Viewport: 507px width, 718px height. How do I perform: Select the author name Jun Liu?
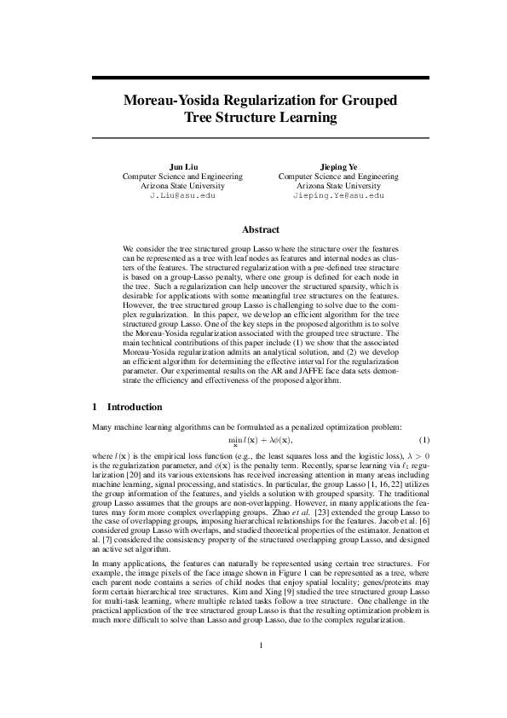(x=182, y=166)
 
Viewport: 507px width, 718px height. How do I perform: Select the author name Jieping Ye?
(x=338, y=166)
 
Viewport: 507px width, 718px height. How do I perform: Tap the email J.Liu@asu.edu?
(x=182, y=195)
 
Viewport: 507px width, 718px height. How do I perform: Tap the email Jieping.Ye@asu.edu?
(x=338, y=195)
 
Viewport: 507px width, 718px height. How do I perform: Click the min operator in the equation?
(x=236, y=439)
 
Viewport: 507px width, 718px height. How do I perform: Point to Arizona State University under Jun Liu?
(x=182, y=185)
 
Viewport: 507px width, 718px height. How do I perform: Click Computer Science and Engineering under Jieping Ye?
(x=338, y=176)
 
